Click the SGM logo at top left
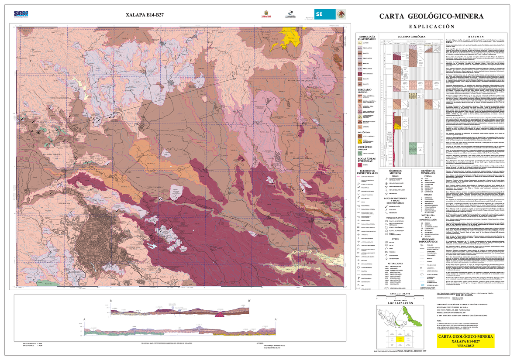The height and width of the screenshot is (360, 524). tap(21, 14)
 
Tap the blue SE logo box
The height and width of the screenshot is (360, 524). tap(325, 14)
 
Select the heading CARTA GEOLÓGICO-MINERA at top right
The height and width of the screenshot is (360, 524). tap(431, 16)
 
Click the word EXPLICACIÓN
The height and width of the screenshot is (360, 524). tap(431, 27)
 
